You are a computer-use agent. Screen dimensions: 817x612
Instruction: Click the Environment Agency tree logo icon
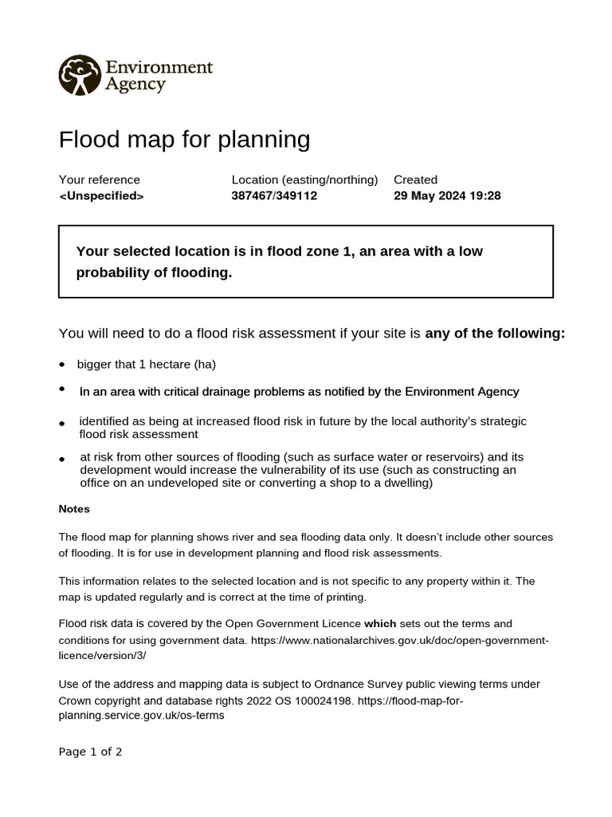tap(80, 75)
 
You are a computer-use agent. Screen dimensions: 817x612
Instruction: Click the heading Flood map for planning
tap(184, 140)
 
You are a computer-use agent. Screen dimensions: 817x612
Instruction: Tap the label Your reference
tap(99, 180)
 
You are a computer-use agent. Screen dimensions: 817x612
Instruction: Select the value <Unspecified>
tap(101, 195)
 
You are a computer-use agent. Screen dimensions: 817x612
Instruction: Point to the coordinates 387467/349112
tap(274, 195)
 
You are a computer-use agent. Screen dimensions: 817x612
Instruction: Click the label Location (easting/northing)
tap(304, 180)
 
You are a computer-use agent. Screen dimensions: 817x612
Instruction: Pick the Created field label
tap(415, 180)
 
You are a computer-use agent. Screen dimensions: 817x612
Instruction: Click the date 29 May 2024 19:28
tap(447, 195)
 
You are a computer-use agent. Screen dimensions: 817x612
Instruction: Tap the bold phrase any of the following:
tap(495, 333)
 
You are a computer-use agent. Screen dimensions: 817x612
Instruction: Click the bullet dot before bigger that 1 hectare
tap(62, 365)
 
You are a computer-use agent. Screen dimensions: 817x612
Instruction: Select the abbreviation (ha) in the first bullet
tap(205, 365)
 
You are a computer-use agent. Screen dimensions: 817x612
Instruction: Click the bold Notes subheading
tap(74, 509)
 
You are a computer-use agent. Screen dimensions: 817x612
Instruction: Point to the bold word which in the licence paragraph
tap(380, 623)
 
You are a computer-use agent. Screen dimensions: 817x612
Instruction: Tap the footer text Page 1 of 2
tap(90, 752)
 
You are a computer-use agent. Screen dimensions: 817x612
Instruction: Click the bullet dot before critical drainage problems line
tap(62, 389)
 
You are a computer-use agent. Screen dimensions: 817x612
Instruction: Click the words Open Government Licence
tap(293, 623)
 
